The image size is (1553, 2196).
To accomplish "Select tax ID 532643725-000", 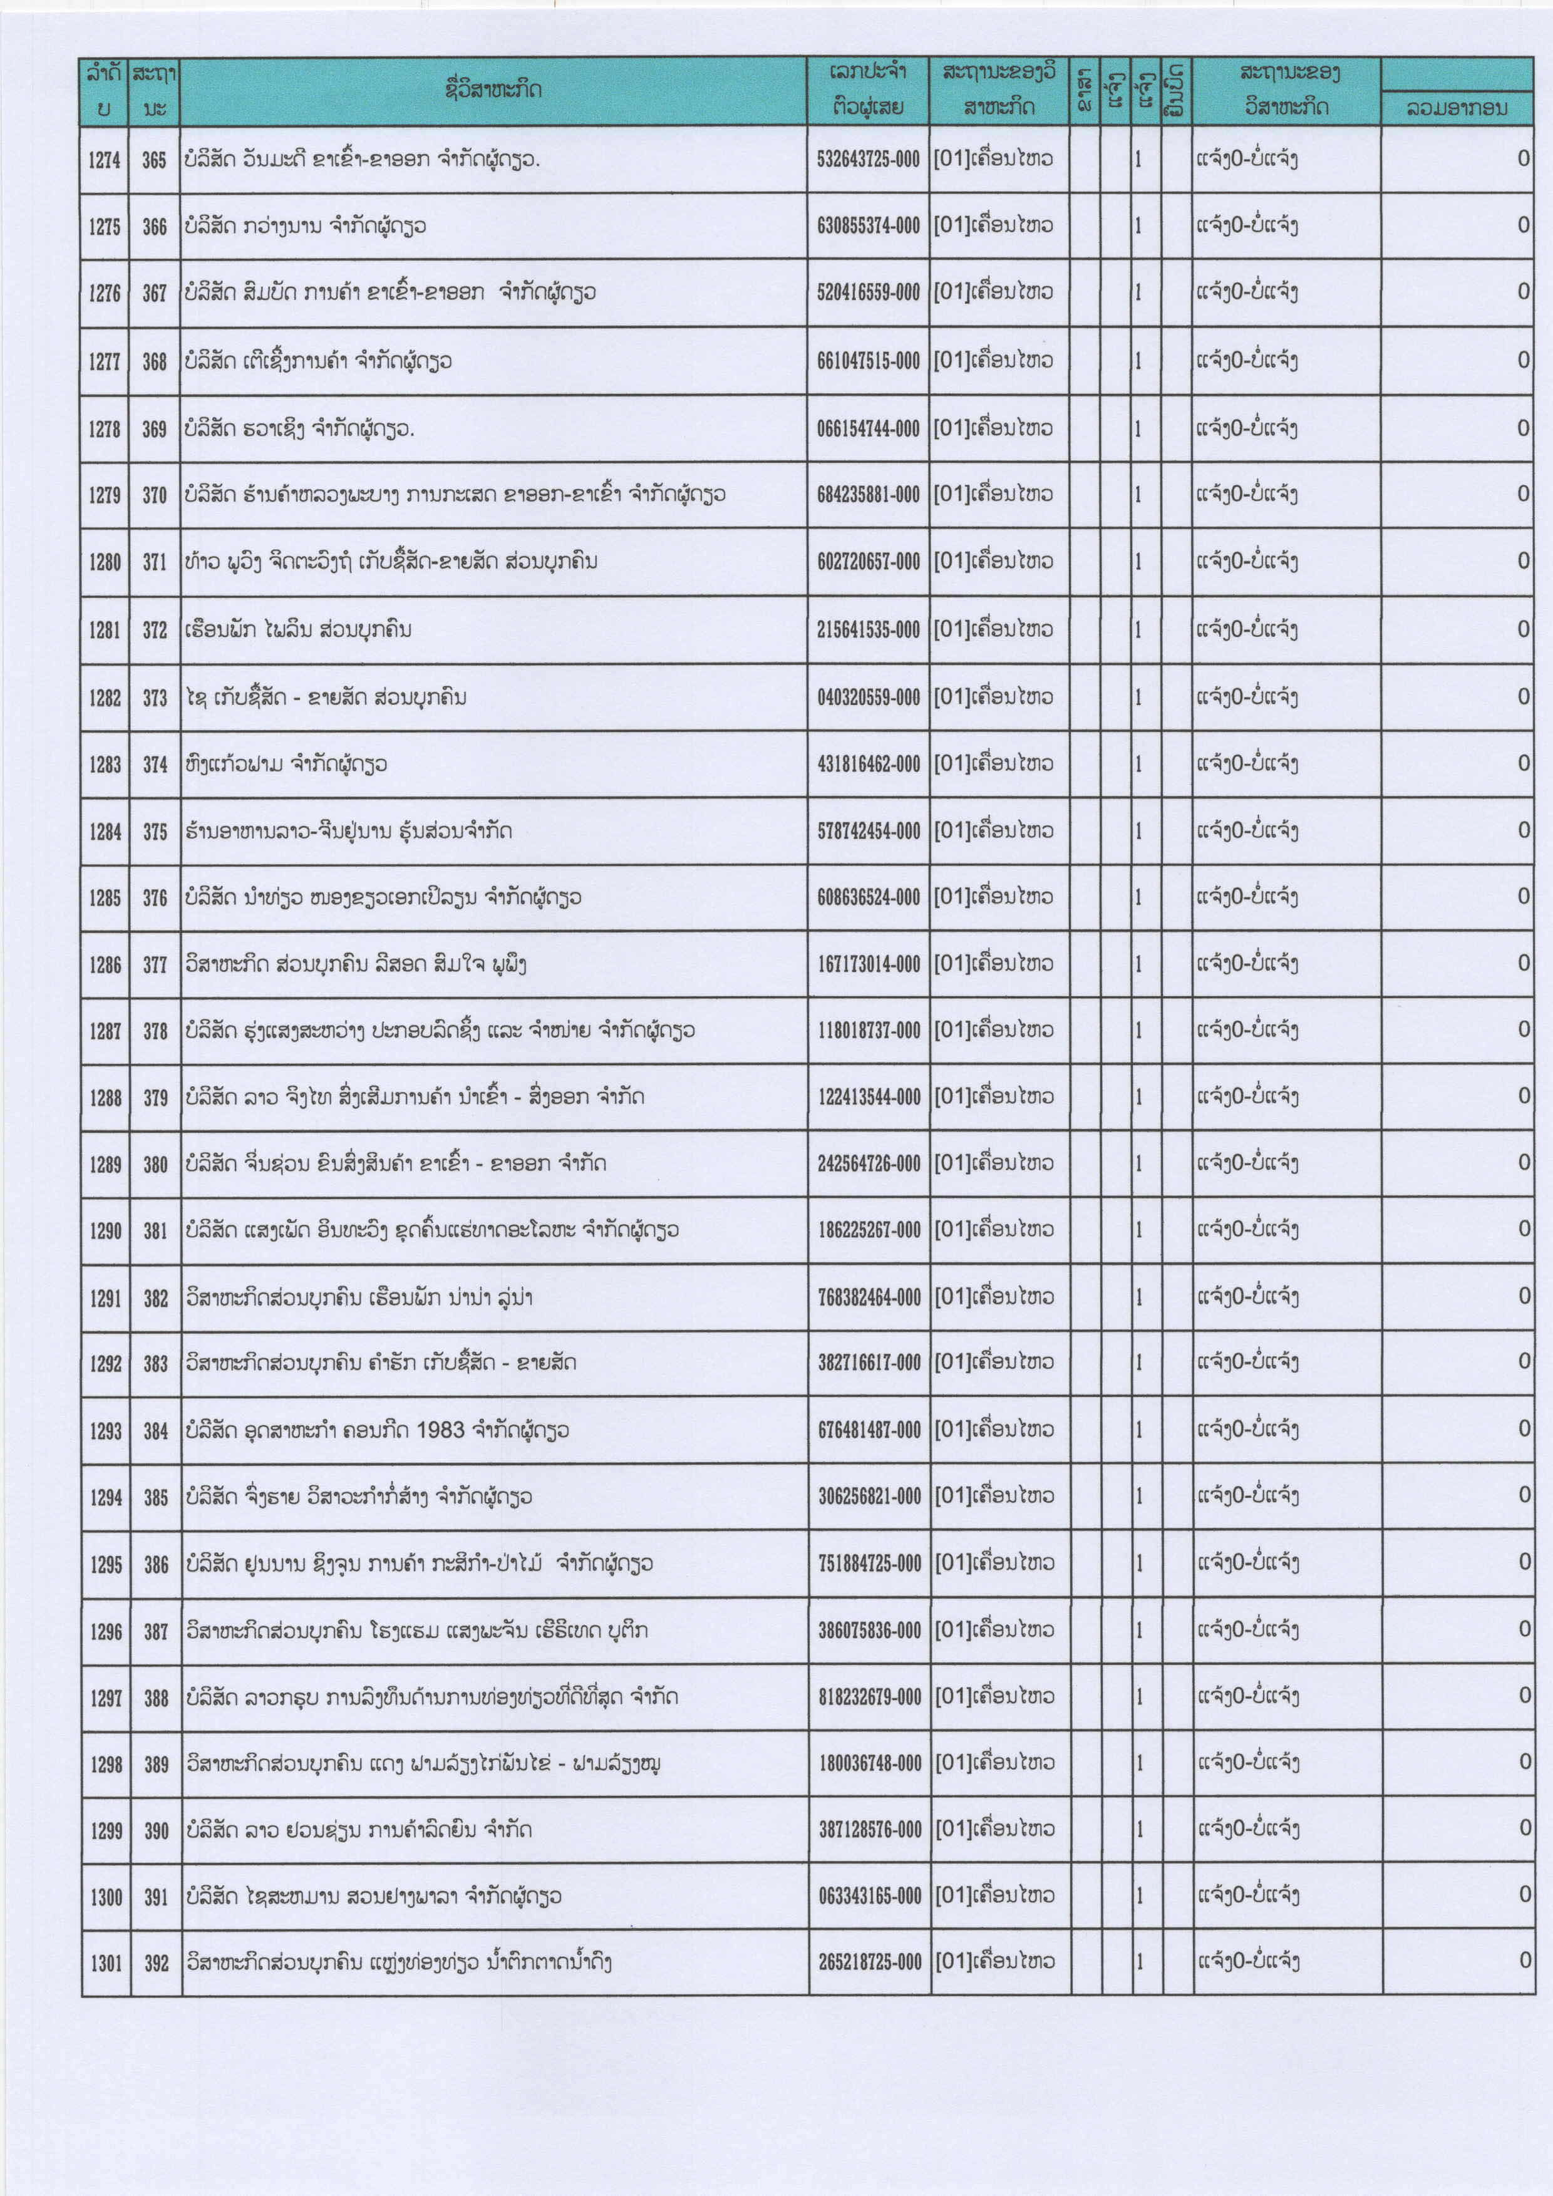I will tap(867, 160).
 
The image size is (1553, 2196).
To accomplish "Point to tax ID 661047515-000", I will tap(867, 361).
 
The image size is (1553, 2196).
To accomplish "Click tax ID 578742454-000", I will tap(867, 831).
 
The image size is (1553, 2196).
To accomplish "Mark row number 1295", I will tap(105, 1565).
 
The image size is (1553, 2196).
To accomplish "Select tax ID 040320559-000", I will tap(867, 698).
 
